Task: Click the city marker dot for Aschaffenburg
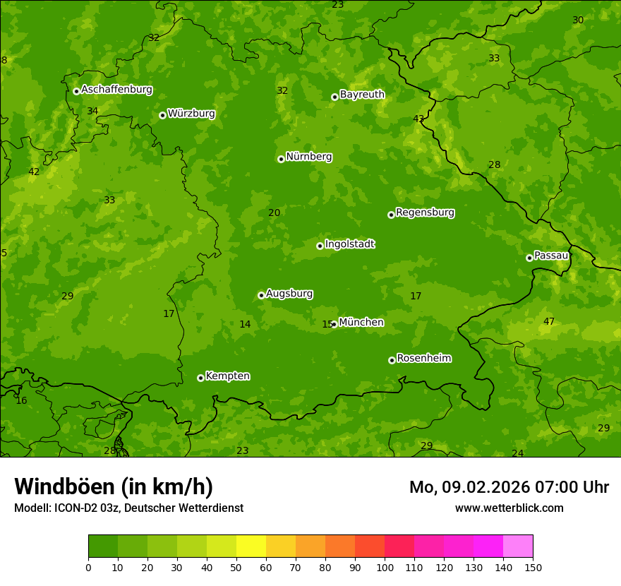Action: point(76,91)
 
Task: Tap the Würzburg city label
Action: point(191,114)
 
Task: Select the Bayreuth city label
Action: point(362,95)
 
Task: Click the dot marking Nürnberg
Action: point(281,159)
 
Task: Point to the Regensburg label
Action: point(425,213)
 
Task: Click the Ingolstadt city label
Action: point(349,244)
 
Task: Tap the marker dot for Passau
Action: point(529,258)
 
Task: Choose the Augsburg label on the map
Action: point(289,294)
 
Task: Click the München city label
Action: point(361,323)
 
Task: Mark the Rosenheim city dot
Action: point(392,360)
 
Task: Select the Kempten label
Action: point(227,376)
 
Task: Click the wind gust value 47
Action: point(548,322)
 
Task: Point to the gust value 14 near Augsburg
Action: point(245,325)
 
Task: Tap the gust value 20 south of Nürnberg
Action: point(274,213)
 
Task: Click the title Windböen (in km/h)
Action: point(114,486)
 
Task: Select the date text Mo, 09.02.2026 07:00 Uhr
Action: point(509,487)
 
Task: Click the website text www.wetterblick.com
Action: point(509,508)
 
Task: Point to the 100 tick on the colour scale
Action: point(385,567)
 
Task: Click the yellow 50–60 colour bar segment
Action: point(251,546)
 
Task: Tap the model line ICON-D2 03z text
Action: point(128,508)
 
